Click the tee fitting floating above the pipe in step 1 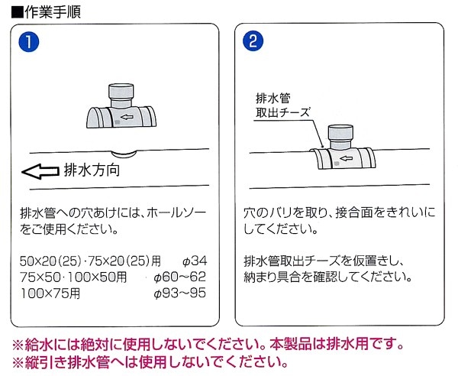click(122, 111)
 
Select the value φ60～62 click(180, 277)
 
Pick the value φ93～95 click(180, 292)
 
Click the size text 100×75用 click(52, 292)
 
